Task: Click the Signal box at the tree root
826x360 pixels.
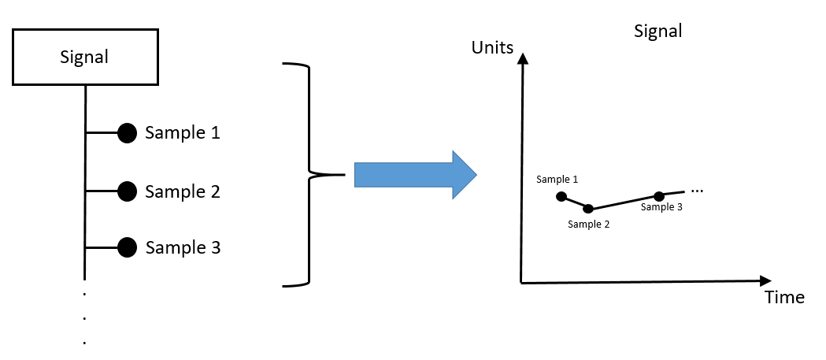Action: [x=84, y=57]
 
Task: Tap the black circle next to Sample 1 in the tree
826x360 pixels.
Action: [x=128, y=133]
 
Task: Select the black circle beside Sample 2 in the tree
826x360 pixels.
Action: [x=128, y=191]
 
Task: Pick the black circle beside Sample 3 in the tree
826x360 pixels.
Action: [x=128, y=248]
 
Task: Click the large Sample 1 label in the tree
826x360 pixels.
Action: [x=183, y=132]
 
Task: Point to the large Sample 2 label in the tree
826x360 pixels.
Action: [x=183, y=191]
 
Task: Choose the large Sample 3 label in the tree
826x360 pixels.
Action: [x=183, y=248]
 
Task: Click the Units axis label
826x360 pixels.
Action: [x=492, y=48]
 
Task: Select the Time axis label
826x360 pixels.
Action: [x=784, y=297]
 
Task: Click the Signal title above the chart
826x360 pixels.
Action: [x=657, y=32]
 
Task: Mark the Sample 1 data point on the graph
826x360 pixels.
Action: [x=561, y=196]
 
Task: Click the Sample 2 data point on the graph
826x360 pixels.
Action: [x=588, y=209]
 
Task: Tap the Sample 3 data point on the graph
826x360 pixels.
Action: [x=659, y=195]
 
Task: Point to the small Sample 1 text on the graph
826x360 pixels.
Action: [x=557, y=179]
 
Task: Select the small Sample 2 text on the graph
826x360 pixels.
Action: [x=589, y=224]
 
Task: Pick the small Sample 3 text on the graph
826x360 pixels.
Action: [x=662, y=207]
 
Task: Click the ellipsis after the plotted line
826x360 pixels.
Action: [x=697, y=191]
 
